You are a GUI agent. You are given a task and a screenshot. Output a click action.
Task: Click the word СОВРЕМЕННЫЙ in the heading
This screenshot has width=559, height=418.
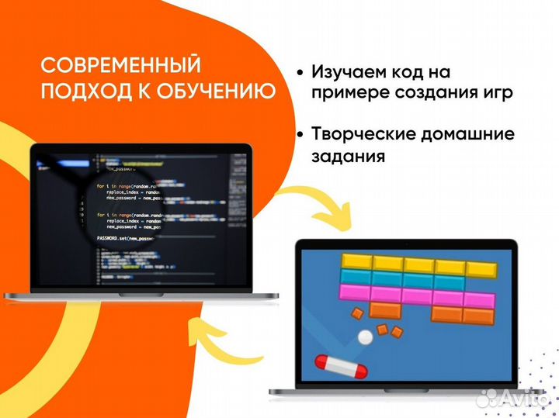pos(120,64)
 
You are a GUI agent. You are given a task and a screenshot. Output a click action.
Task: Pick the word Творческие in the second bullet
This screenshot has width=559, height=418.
pos(363,134)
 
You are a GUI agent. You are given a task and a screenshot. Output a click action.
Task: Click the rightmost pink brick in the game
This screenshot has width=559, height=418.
pos(478,299)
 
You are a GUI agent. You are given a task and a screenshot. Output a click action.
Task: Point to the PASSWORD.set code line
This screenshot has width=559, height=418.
pos(124,237)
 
